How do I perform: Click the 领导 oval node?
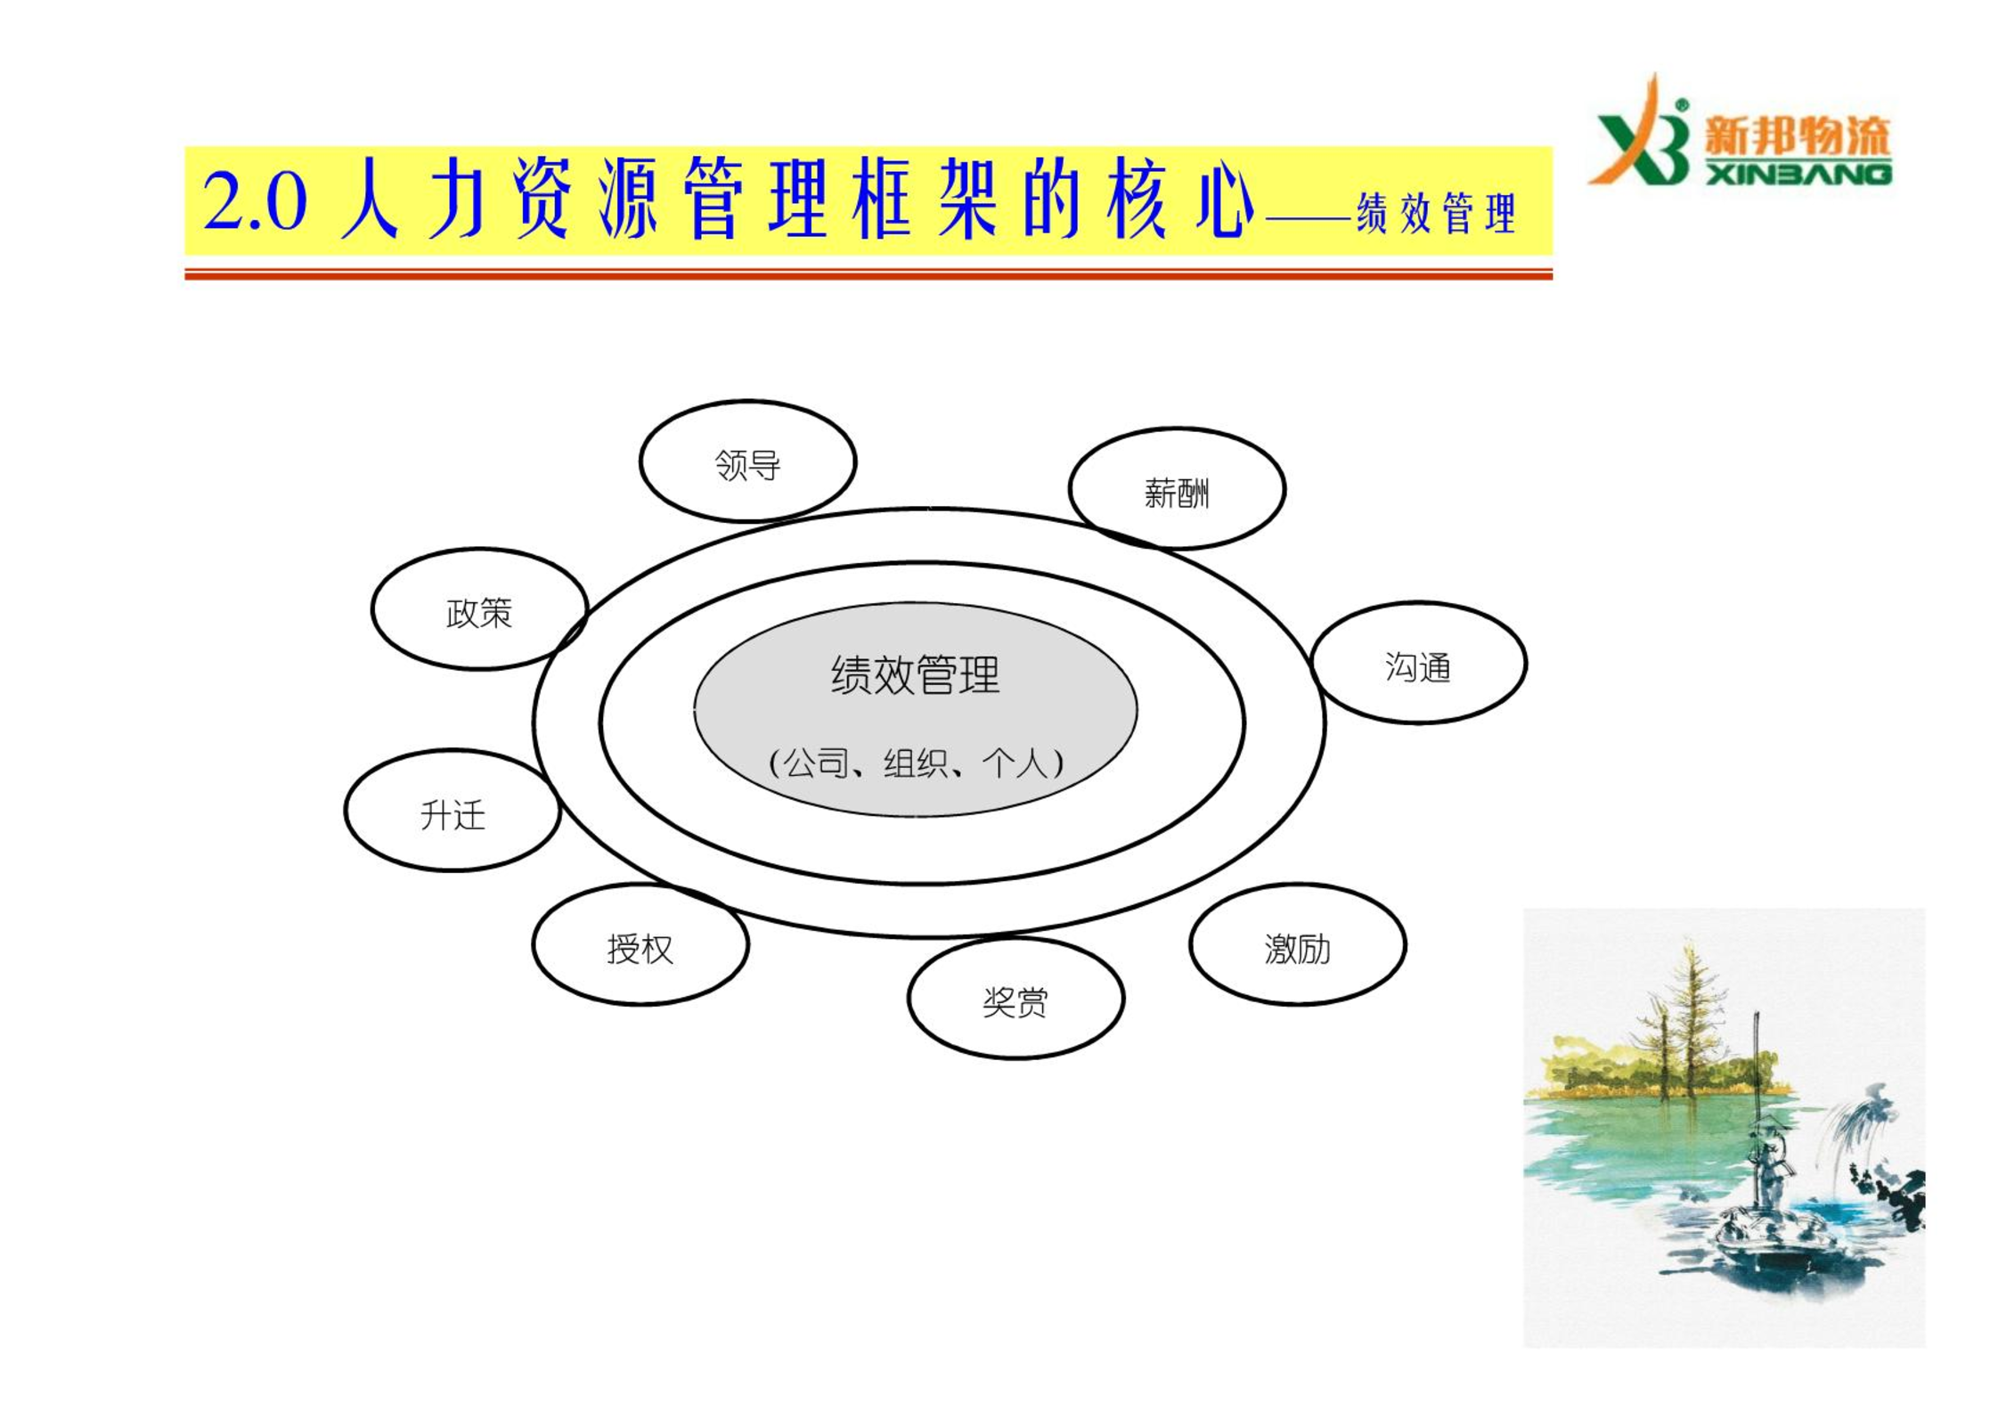pyautogui.click(x=747, y=461)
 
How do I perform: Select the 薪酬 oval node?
pyautogui.click(x=1177, y=488)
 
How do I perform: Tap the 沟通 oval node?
pyautogui.click(x=1418, y=663)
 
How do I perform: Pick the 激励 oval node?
pyautogui.click(x=1297, y=944)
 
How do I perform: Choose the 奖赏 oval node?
pyautogui.click(x=1015, y=998)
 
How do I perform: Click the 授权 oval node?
pyautogui.click(x=640, y=944)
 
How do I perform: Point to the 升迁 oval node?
pyautogui.click(x=453, y=810)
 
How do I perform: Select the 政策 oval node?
pyautogui.click(x=479, y=608)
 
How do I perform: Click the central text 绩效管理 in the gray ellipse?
pyautogui.click(x=915, y=674)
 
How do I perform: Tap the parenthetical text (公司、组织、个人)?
pyautogui.click(x=916, y=763)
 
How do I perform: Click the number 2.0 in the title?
pyautogui.click(x=255, y=201)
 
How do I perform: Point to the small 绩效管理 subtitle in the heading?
pyautogui.click(x=1435, y=213)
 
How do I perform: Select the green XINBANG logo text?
pyautogui.click(x=1798, y=173)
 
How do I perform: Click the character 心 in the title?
pyautogui.click(x=1224, y=199)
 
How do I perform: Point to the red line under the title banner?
pyautogui.click(x=868, y=274)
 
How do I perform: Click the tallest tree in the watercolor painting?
pyautogui.click(x=1690, y=1016)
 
